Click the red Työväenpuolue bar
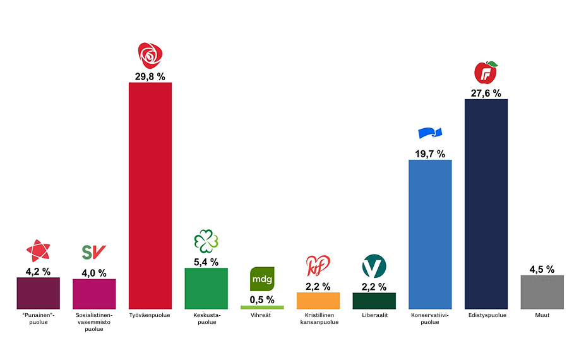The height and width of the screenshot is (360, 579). [x=150, y=196]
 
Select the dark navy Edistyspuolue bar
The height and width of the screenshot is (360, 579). [x=486, y=204]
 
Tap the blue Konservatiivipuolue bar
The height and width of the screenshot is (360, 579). [x=430, y=234]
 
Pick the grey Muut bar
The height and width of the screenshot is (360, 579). [x=542, y=292]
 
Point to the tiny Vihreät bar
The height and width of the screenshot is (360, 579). [x=262, y=308]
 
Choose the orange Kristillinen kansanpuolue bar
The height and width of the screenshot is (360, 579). [x=318, y=301]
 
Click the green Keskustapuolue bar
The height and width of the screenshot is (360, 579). [x=206, y=289]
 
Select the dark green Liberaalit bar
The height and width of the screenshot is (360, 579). [x=374, y=301]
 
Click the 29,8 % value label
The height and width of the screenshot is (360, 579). [x=150, y=76]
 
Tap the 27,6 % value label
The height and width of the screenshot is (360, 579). [x=486, y=93]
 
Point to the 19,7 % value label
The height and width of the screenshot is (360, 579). [x=430, y=153]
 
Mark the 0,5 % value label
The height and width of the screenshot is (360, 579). [x=262, y=299]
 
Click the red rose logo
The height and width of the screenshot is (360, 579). [x=150, y=56]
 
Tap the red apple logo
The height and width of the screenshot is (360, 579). [x=486, y=73]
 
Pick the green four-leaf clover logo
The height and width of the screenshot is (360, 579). [x=206, y=241]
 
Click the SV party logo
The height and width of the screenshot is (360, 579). [x=94, y=253]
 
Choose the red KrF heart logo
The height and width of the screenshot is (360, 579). [x=317, y=267]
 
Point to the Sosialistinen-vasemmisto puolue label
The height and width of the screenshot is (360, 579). [x=94, y=321]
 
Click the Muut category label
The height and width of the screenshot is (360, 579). [x=542, y=315]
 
